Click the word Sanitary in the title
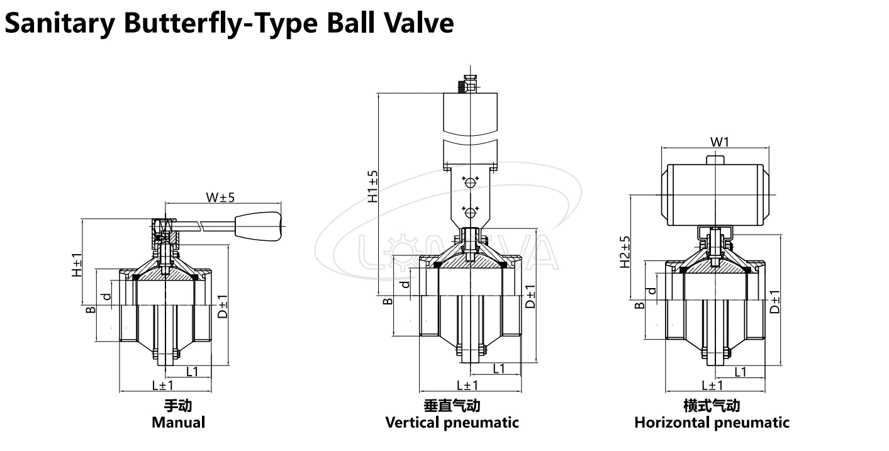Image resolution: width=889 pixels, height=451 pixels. (60, 24)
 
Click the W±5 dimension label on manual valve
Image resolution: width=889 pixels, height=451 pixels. (220, 198)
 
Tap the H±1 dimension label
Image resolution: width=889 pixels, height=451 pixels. (75, 265)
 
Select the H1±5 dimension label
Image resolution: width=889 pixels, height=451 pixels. (373, 186)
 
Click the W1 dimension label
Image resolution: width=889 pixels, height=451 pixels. (720, 142)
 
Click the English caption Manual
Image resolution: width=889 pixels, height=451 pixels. (178, 422)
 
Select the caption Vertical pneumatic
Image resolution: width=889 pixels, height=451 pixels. (452, 422)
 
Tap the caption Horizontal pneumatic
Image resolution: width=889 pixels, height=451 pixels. (712, 422)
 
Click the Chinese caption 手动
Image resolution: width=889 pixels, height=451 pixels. (178, 406)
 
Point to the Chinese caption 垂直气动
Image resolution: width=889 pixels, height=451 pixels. (452, 406)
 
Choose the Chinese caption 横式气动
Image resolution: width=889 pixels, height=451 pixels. (712, 406)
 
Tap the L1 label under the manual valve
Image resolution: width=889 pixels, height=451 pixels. (192, 371)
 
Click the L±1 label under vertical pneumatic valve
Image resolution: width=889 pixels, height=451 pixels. (467, 385)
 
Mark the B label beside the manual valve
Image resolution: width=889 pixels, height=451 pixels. (91, 309)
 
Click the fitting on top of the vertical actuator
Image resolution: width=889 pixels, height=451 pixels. (468, 85)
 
